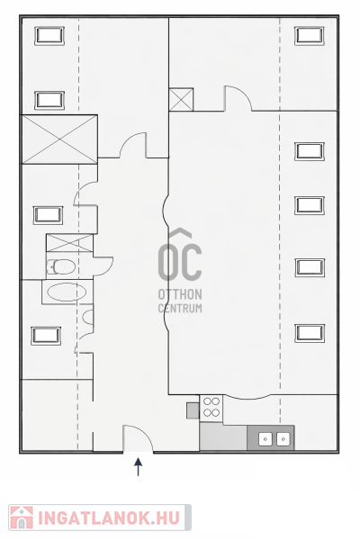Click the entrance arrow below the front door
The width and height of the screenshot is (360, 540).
(138, 466)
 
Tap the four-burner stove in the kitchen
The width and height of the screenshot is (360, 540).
(211, 407)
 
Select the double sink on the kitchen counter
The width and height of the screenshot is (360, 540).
(274, 439)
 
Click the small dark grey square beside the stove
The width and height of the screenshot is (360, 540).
(193, 410)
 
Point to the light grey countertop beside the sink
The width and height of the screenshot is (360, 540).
(223, 436)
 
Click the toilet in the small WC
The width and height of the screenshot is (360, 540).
(61, 267)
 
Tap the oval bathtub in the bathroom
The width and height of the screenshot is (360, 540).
(67, 292)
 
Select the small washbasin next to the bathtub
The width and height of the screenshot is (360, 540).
(88, 317)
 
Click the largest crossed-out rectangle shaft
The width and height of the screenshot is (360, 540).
(59, 139)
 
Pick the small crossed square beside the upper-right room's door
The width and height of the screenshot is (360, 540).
(181, 100)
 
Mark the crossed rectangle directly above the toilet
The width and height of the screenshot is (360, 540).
(69, 243)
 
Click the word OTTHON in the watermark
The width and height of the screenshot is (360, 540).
(180, 295)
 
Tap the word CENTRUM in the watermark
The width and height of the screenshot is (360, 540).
(180, 308)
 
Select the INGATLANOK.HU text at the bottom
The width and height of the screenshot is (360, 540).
(109, 517)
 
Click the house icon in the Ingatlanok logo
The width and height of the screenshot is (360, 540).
(22, 517)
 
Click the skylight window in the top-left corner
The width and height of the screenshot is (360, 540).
(49, 35)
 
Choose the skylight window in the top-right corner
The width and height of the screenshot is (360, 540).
(310, 35)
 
